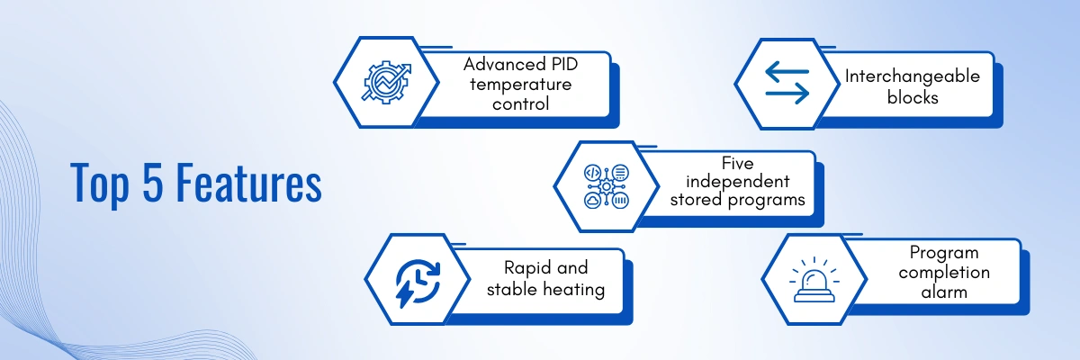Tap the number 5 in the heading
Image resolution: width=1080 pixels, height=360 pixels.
pos(152,181)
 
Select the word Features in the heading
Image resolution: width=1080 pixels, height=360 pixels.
pos(248,182)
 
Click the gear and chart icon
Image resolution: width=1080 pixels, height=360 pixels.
pos(386,82)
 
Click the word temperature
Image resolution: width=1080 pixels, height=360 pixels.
pos(521,85)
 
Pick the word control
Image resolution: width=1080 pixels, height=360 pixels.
pos(521,103)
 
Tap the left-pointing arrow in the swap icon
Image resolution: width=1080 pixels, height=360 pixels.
pos(787,71)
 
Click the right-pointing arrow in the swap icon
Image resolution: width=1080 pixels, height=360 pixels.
pos(787,94)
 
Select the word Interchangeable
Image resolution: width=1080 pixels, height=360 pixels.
pos(913,76)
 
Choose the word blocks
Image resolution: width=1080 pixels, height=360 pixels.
pos(913,97)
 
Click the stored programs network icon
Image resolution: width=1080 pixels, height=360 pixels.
pos(606,186)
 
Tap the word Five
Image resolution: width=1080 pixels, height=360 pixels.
pos(738,163)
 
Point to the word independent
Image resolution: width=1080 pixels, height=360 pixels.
pos(738,182)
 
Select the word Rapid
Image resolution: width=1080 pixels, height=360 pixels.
pos(523,268)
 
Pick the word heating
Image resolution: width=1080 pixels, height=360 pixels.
pos(574,290)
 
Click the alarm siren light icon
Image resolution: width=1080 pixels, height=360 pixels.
pos(814,280)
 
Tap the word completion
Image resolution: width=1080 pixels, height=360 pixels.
pos(944,273)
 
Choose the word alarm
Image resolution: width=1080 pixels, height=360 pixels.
pos(944,292)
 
